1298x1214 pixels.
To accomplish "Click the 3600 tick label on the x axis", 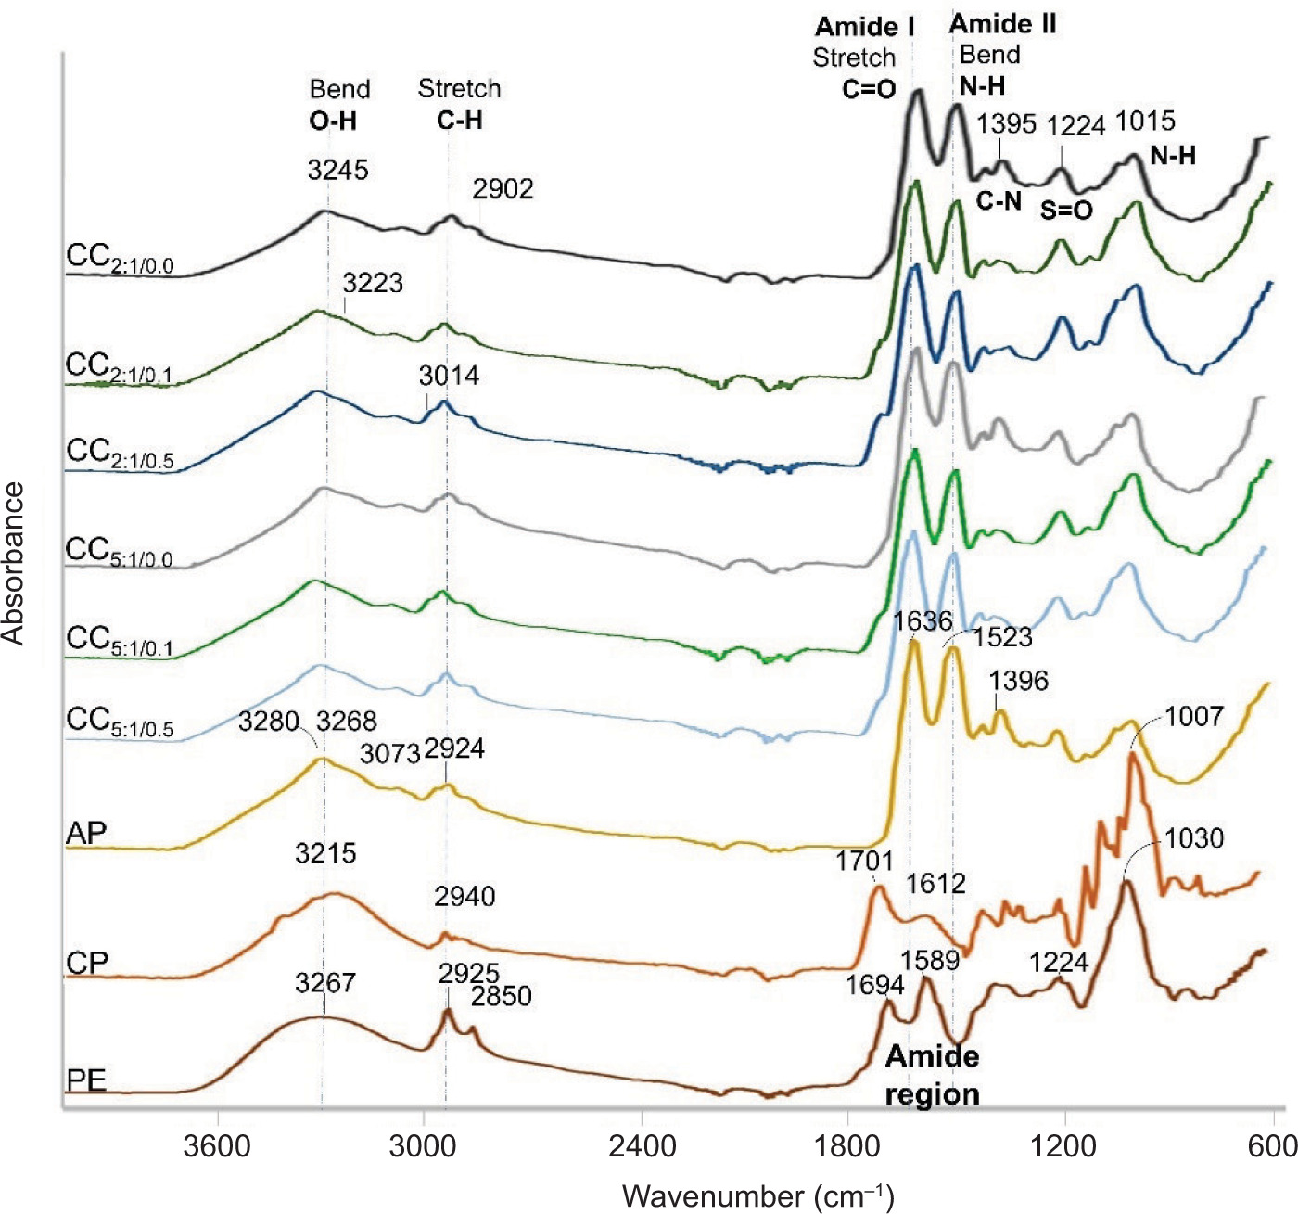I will pos(217,1146).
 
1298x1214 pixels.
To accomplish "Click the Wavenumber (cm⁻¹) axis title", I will pos(758,1195).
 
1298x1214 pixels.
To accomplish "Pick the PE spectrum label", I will pos(86,1080).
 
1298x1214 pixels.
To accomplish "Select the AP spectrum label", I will pos(86,833).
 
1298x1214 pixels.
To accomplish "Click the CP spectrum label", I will pos(87,964).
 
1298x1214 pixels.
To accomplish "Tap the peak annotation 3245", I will pos(337,170).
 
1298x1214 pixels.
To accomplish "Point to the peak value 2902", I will pos(503,189).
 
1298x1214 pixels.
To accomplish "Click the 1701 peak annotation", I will pos(863,861).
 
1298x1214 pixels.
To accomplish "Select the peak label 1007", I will pos(1194,716).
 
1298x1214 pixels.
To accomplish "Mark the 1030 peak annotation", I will pos(1194,838).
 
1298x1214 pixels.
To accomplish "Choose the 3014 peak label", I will pos(449,376).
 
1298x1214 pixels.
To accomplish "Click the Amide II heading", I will pos(1002,24).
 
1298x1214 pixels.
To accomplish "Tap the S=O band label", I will pos(1066,211).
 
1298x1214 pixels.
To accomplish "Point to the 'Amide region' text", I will pos(932,1075).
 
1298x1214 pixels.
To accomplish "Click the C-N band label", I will pos(999,200).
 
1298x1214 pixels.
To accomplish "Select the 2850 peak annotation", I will pos(501,996).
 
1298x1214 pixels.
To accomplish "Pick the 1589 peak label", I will pos(930,960).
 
